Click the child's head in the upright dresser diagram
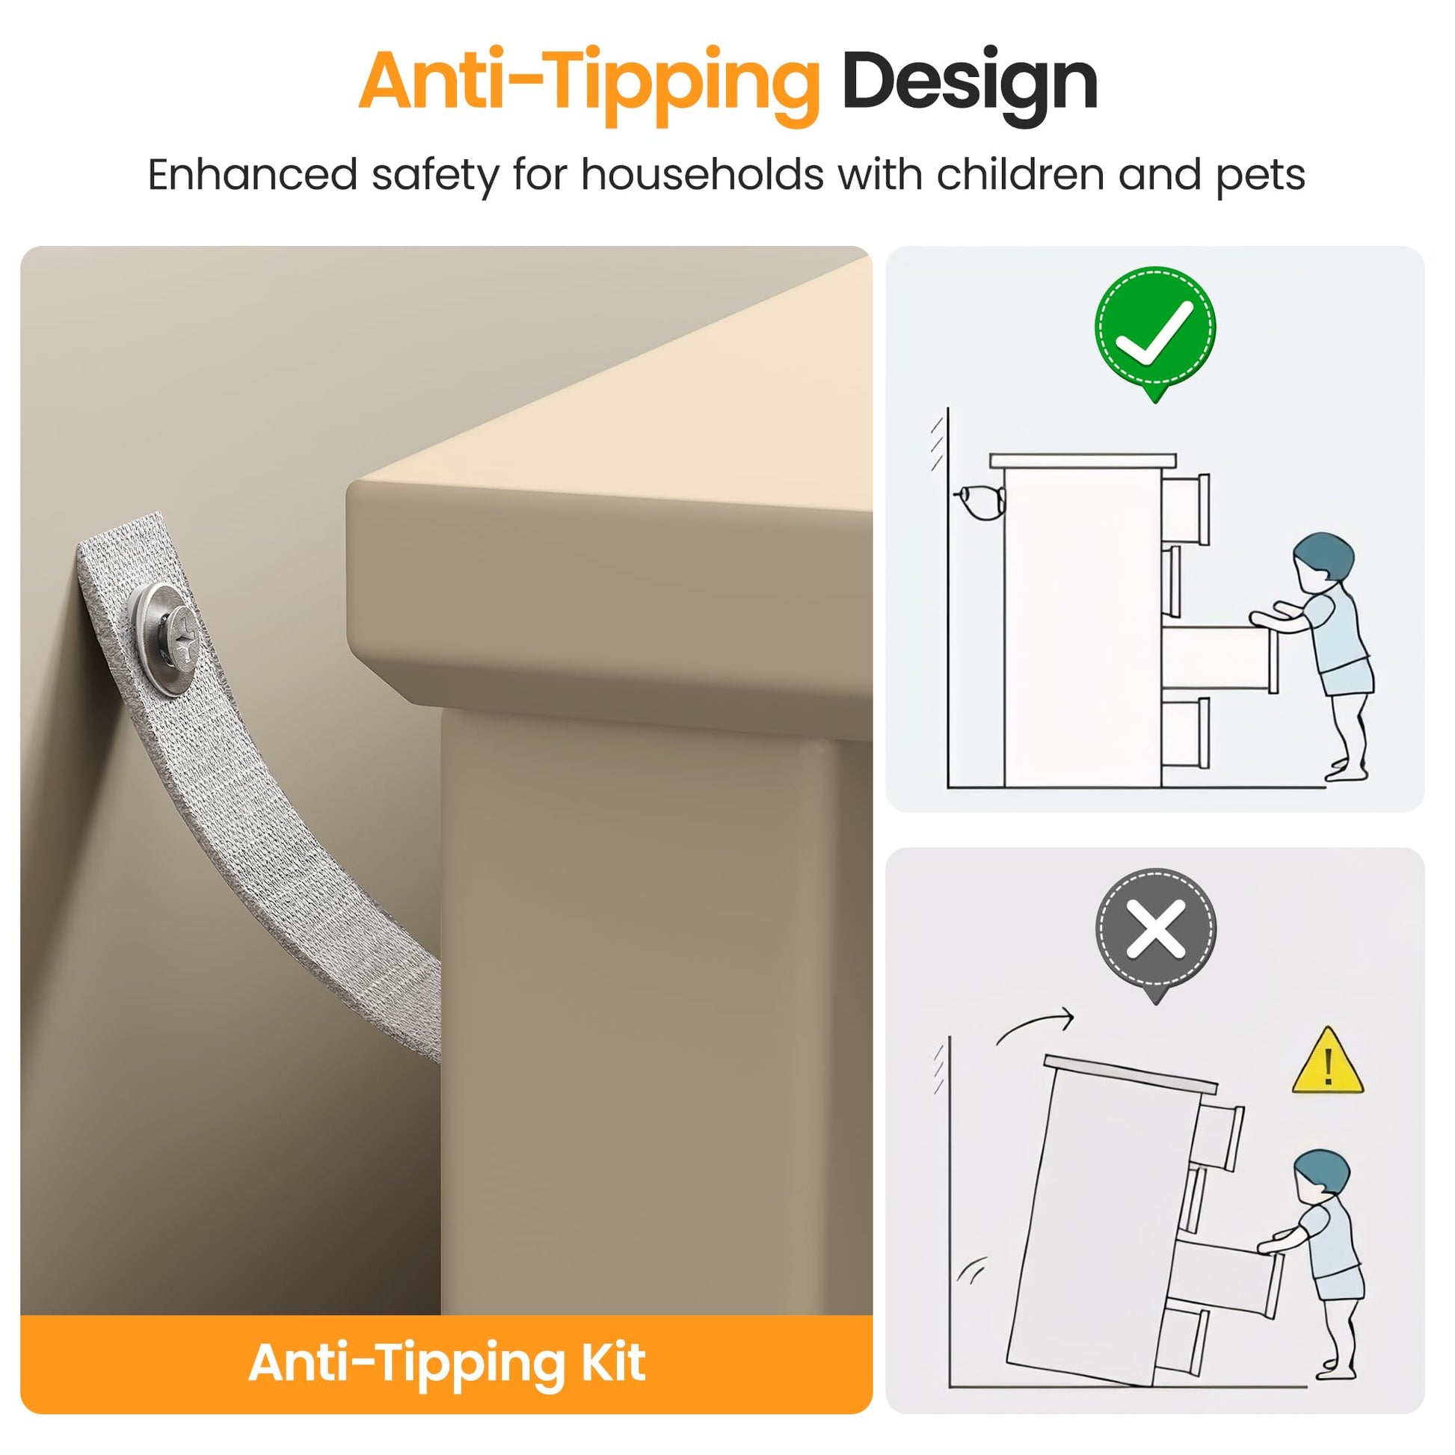[x=1323, y=557]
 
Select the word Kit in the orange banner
[x=612, y=1362]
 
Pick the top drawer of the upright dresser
[x=1185, y=509]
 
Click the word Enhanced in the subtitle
[x=251, y=175]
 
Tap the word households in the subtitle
[x=702, y=175]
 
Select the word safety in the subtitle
[x=434, y=178]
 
